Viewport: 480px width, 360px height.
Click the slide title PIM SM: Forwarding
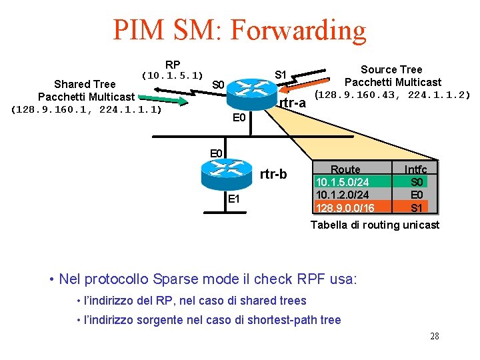(239, 30)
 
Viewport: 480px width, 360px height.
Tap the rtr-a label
(293, 103)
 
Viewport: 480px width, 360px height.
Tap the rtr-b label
(273, 175)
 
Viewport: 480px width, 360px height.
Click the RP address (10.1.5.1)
(173, 76)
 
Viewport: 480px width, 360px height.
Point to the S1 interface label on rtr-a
(281, 74)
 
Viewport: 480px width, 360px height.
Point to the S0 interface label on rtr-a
(219, 85)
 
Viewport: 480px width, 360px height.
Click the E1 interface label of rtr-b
(234, 199)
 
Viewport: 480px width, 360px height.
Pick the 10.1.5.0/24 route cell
(343, 182)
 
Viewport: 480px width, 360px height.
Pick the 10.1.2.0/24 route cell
(343, 195)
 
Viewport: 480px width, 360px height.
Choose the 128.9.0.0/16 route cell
(345, 207)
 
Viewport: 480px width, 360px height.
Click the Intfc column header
(416, 169)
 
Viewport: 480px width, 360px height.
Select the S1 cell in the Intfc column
(417, 207)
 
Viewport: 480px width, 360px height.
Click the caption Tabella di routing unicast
(375, 225)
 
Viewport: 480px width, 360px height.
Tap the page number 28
(434, 336)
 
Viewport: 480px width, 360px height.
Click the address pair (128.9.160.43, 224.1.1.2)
(393, 95)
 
